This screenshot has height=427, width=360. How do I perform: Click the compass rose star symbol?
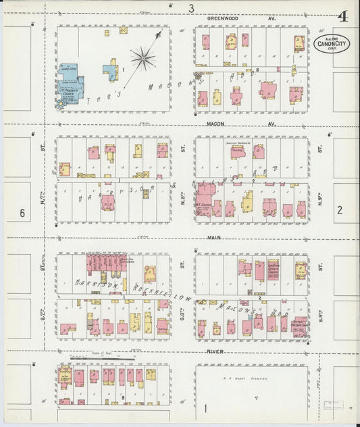[x=143, y=57]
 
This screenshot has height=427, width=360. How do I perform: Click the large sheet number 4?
[x=343, y=16]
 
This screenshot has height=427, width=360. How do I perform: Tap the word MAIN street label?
[x=214, y=236]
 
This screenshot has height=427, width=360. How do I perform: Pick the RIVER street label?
[x=215, y=352]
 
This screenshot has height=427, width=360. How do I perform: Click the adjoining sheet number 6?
[x=22, y=214]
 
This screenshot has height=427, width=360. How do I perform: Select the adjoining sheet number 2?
[x=340, y=210]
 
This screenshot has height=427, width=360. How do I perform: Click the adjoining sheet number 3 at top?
[x=191, y=8]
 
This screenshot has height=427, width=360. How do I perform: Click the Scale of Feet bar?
[x=95, y=355]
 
